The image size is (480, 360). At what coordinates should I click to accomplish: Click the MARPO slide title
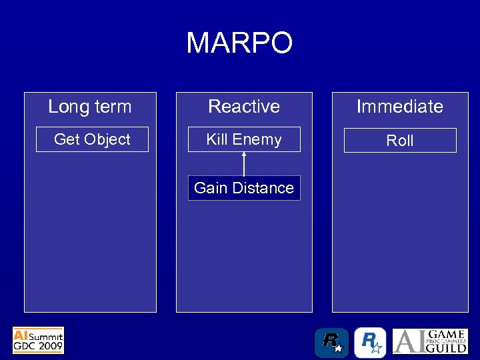[239, 43]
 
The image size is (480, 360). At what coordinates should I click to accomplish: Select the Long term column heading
[90, 107]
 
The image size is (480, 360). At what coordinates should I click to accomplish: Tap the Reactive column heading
[244, 107]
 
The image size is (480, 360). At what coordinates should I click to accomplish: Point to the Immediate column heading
[399, 107]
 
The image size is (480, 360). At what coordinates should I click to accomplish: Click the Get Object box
[92, 139]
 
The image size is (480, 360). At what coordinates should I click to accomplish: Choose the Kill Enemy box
[244, 139]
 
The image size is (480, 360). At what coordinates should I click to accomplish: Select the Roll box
[400, 141]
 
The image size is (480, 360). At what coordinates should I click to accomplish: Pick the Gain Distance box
[244, 188]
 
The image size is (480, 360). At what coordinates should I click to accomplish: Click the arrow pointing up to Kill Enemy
[244, 164]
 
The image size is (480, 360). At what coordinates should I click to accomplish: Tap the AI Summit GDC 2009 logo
[38, 340]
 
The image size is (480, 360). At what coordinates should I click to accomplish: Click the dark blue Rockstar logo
[331, 343]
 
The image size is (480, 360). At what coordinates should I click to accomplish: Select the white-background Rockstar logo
[369, 343]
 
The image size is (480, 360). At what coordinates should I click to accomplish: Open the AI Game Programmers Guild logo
[430, 341]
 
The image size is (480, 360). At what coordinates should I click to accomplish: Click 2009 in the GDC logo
[51, 347]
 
